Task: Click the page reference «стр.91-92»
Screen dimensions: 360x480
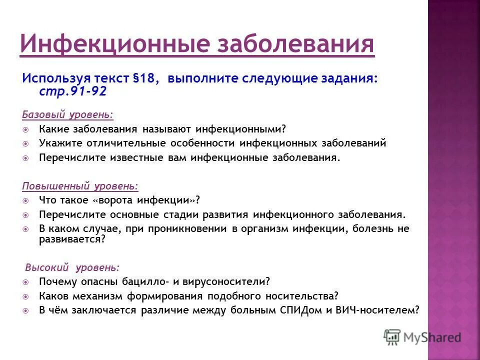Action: [x=72, y=91]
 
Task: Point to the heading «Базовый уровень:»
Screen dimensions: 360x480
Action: [x=67, y=115]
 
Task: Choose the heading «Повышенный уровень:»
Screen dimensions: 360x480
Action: [x=80, y=186]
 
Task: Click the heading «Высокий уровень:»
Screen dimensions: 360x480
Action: [x=72, y=266]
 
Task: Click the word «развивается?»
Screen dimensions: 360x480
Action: [x=72, y=239]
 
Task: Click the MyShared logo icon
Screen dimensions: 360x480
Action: [x=392, y=336]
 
